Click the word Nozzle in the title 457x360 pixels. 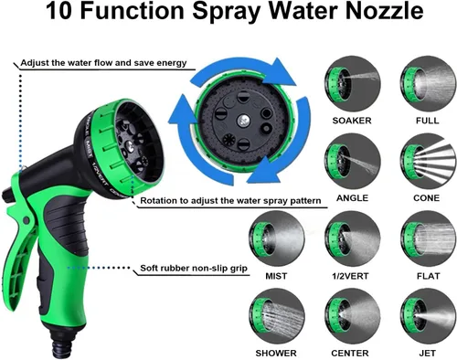coord(385,12)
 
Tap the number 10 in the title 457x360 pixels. coord(58,12)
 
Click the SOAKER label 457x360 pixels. coord(352,121)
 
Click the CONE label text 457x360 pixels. coord(427,198)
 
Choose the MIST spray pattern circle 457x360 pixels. coord(276,238)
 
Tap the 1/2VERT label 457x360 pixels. coord(350,276)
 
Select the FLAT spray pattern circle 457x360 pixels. coord(428,238)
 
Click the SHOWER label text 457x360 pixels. coord(276,354)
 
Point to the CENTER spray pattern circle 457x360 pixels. coord(352,316)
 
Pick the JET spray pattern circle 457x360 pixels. coord(428,316)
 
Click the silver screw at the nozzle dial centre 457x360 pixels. coord(243,121)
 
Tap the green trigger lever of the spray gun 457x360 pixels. coord(19,244)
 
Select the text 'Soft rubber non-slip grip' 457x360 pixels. coord(194,269)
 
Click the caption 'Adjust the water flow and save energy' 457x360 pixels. coord(103,63)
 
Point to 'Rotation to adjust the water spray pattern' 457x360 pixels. coord(230,201)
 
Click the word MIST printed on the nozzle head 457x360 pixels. coord(89,149)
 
